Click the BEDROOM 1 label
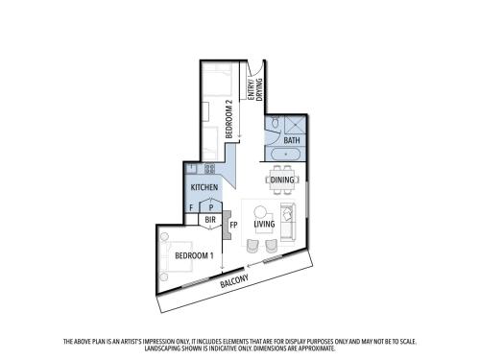pyautogui.click(x=194, y=255)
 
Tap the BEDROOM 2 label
pyautogui.click(x=228, y=119)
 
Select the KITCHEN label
pyautogui.click(x=204, y=187)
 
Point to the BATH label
pyautogui.click(x=292, y=140)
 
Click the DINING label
pyautogui.click(x=282, y=180)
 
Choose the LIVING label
pyautogui.click(x=264, y=224)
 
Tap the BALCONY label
pyautogui.click(x=234, y=281)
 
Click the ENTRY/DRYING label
pyautogui.click(x=255, y=89)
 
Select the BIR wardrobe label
pyautogui.click(x=210, y=220)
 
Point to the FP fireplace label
pyautogui.click(x=233, y=225)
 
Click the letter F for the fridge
pyautogui.click(x=191, y=207)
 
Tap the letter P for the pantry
pyautogui.click(x=211, y=207)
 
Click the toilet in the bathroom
pyautogui.click(x=275, y=122)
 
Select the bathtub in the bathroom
pyautogui.click(x=286, y=155)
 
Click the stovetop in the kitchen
pyautogui.click(x=209, y=168)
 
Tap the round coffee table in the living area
pyautogui.click(x=260, y=211)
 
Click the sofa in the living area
pyautogui.click(x=288, y=222)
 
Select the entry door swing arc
pyautogui.click(x=258, y=71)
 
